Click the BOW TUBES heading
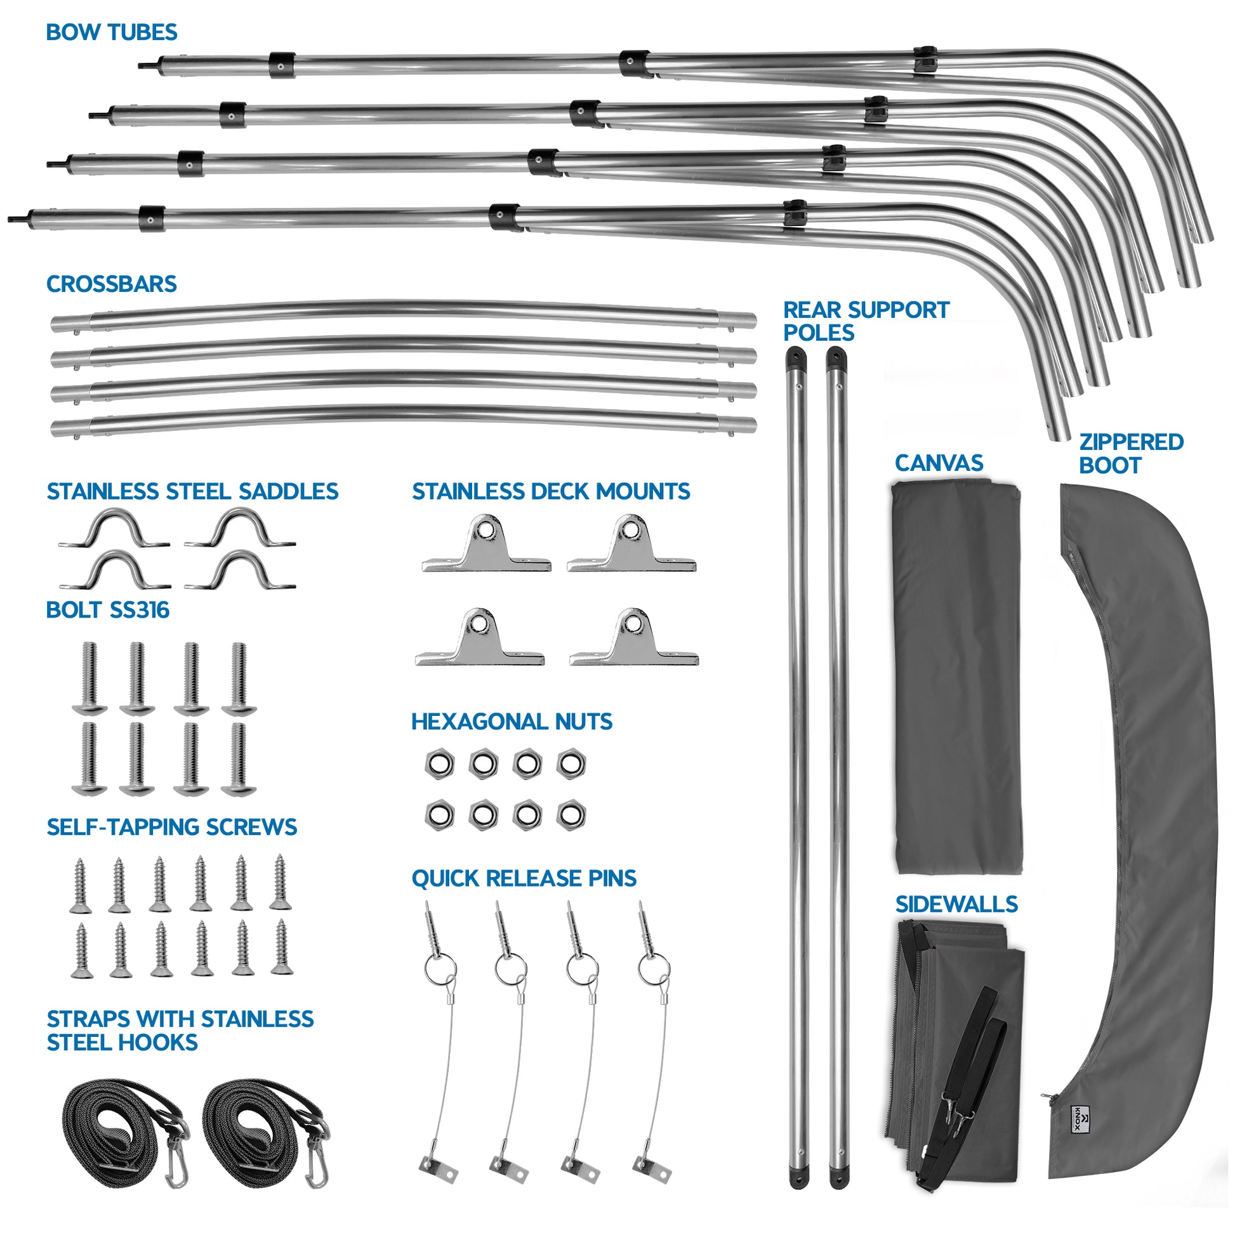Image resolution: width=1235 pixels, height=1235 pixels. pos(111,32)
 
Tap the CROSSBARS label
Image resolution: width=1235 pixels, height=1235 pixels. pos(111,284)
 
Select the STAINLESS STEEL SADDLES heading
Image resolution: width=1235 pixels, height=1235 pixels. pos(192,491)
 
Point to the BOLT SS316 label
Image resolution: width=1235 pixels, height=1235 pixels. pos(107,610)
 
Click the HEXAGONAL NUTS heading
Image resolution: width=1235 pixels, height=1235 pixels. pos(512,722)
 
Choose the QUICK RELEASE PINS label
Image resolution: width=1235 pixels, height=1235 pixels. pos(524,878)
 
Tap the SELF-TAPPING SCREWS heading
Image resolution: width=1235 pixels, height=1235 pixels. pos(171,827)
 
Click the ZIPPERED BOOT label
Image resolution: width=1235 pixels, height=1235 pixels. pos(1130,453)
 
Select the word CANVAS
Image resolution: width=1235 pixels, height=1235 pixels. pos(939,463)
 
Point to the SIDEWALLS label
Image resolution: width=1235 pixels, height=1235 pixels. pos(956,904)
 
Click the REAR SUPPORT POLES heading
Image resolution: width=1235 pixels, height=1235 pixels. pos(866,321)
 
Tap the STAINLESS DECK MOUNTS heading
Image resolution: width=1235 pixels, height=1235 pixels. pos(550,491)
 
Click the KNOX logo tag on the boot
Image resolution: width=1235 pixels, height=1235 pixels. pos(1079,1136)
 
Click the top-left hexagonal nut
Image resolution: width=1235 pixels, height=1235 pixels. pos(440,764)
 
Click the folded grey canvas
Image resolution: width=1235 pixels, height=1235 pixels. pos(956,678)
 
